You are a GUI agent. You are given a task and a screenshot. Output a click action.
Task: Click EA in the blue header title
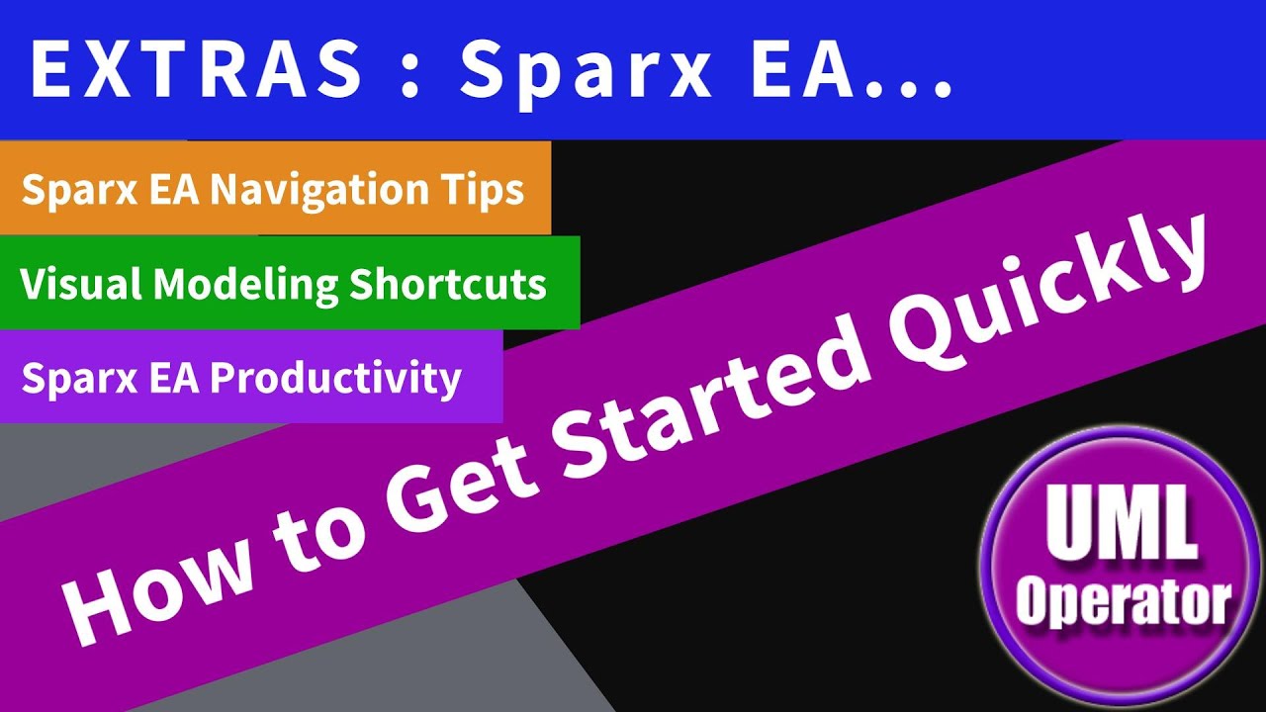[x=803, y=71]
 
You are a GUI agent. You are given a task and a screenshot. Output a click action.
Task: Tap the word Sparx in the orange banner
[x=63, y=189]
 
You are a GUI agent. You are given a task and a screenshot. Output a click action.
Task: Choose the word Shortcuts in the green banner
[x=448, y=284]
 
